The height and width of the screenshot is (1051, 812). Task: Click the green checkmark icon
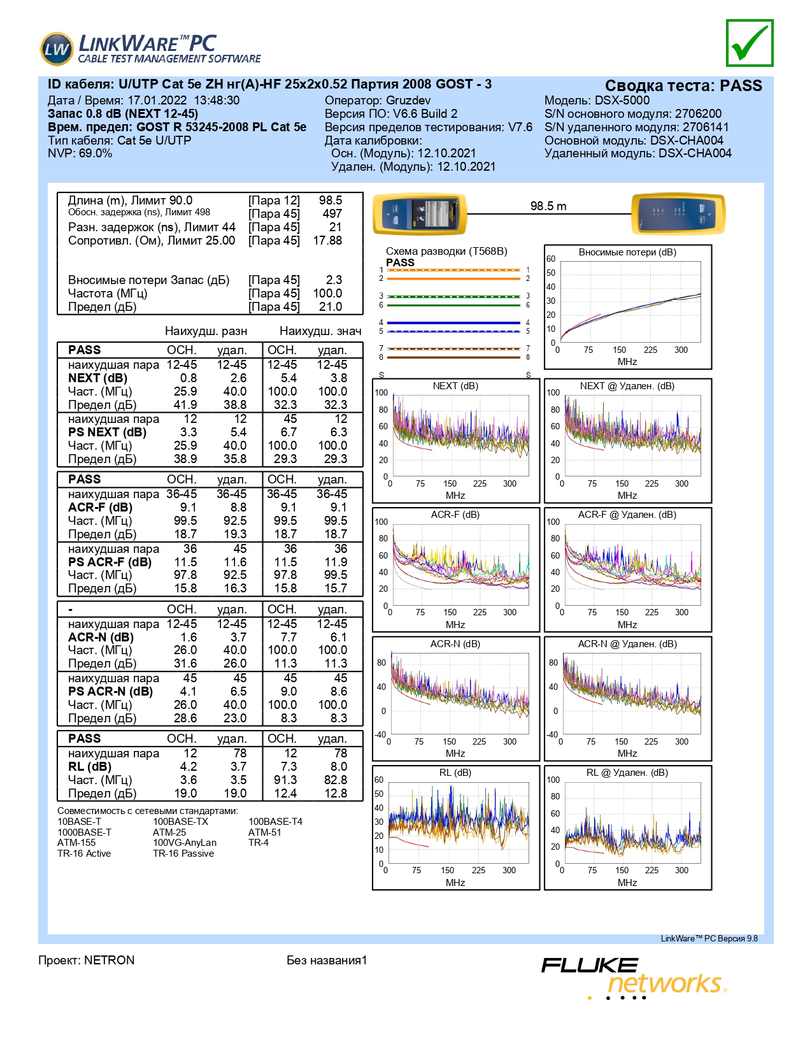tap(749, 43)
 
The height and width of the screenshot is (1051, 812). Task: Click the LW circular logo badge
tap(57, 49)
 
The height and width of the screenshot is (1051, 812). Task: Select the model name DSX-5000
tap(622, 100)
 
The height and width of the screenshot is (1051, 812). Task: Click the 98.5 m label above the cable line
tap(548, 206)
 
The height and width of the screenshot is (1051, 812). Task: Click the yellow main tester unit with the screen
tap(420, 214)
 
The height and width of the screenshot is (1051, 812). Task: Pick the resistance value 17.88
tap(327, 240)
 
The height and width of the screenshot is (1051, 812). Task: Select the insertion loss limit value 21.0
tap(331, 306)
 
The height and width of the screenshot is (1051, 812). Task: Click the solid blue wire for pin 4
tap(453, 322)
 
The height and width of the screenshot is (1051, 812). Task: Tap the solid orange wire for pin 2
tap(453, 279)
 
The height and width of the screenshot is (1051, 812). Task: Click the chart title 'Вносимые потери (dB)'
tap(627, 252)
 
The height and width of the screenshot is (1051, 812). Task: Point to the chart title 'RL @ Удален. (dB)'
tap(627, 773)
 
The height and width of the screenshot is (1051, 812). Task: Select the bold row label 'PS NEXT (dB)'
tap(107, 432)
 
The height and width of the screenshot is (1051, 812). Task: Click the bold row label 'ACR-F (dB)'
tap(100, 508)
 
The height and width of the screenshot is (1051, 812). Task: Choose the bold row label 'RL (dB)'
tap(89, 767)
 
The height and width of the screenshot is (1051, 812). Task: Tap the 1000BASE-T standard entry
tap(84, 833)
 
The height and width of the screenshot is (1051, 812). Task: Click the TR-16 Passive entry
tap(183, 854)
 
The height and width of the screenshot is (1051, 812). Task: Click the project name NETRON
tap(110, 960)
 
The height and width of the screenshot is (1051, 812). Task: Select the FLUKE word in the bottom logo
tap(590, 966)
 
